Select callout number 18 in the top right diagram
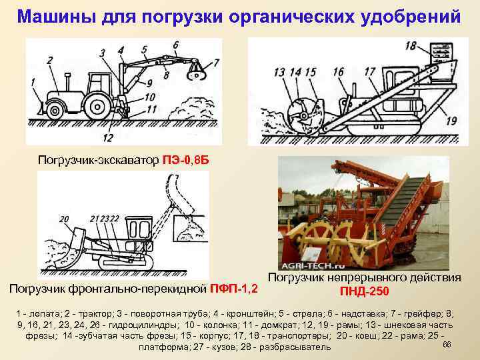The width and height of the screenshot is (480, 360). tap(411, 46)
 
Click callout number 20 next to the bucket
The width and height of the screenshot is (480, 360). tap(64, 218)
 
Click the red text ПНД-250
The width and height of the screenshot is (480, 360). tap(365, 291)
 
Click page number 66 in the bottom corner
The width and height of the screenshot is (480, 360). tap(447, 345)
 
